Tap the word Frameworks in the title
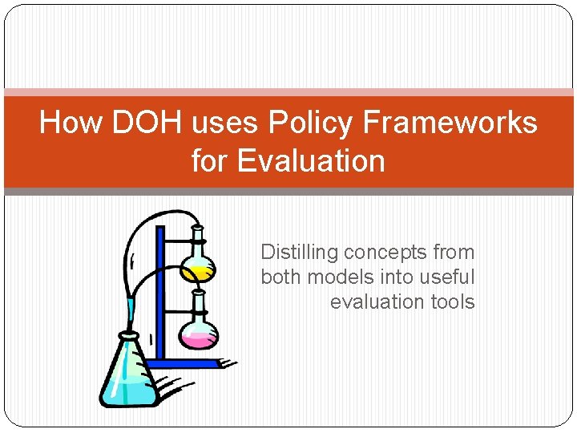point(450,123)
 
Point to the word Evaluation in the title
point(311,161)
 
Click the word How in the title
point(71,123)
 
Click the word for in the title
point(210,161)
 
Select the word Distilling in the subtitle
point(300,253)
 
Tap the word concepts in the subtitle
point(386,253)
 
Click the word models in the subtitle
point(336,277)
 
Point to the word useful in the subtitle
point(447,277)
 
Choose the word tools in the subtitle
point(454,302)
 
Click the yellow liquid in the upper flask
point(196,273)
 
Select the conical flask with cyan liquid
point(127,373)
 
